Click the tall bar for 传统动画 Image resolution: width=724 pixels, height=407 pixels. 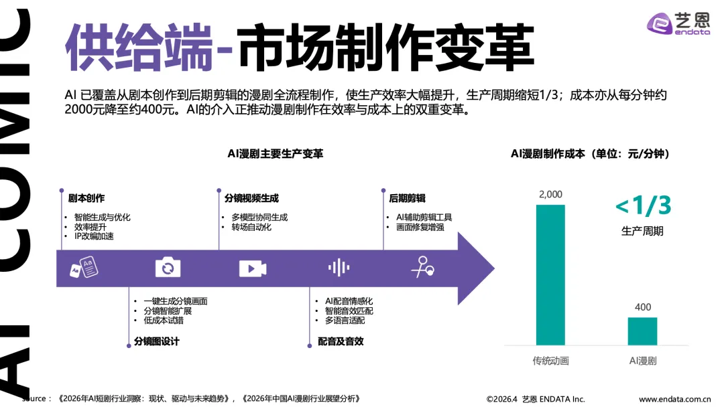(x=550, y=274)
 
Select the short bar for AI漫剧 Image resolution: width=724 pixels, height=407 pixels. (x=642, y=331)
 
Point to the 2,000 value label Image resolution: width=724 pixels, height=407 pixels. (x=550, y=194)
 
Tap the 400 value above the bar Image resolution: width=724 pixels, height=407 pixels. (x=642, y=307)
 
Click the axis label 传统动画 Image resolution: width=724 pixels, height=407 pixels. (x=550, y=361)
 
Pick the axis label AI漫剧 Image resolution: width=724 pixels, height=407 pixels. (x=642, y=361)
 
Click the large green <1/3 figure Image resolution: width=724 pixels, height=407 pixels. (x=642, y=206)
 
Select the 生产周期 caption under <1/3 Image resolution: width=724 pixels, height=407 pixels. (x=642, y=231)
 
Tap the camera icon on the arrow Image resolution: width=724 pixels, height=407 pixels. (x=168, y=268)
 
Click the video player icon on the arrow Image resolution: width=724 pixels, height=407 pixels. (x=253, y=268)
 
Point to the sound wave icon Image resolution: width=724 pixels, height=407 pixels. (x=339, y=268)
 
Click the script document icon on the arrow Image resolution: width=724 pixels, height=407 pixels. (x=80, y=270)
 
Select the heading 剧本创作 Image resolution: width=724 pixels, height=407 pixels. (x=86, y=198)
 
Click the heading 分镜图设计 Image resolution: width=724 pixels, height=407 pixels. (x=152, y=341)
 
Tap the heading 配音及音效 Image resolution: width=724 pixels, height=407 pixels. (x=341, y=341)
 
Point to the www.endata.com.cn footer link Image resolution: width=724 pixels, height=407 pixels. (x=674, y=399)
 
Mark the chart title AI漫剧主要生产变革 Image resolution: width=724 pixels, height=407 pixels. (x=275, y=154)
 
